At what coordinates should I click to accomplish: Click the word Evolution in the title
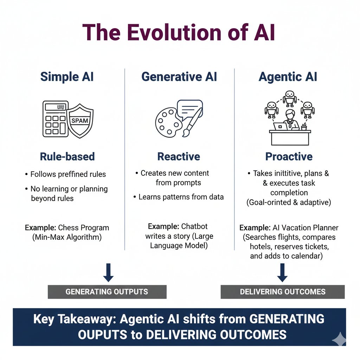click(x=170, y=33)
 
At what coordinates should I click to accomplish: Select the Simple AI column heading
click(x=67, y=77)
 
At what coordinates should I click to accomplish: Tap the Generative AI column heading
click(x=179, y=77)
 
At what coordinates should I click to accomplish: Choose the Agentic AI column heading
click(x=288, y=77)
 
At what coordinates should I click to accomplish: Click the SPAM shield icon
click(x=80, y=120)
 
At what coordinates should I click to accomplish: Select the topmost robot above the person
click(x=289, y=98)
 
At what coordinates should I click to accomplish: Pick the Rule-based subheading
click(x=67, y=156)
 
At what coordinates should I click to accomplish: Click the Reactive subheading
click(x=179, y=156)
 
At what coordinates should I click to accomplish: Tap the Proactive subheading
click(x=289, y=156)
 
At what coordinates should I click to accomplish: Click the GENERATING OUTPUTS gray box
click(x=107, y=291)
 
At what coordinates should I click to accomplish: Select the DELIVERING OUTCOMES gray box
click(x=283, y=291)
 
